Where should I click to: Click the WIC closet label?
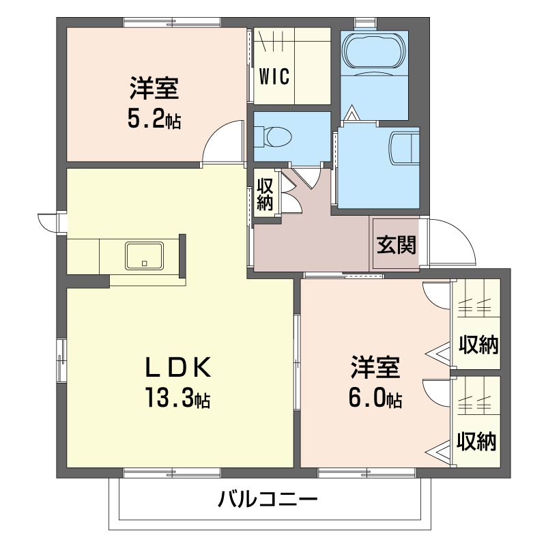click(x=274, y=76)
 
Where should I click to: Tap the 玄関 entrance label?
click(x=397, y=245)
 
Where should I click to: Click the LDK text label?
click(x=178, y=367)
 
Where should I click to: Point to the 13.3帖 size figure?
click(x=178, y=398)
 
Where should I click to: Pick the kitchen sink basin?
click(x=145, y=256)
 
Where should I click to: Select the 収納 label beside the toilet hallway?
click(x=265, y=195)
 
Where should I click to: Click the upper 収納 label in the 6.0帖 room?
click(x=478, y=345)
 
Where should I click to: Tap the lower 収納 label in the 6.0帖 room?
click(x=476, y=441)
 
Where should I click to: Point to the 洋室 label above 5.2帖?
click(x=155, y=88)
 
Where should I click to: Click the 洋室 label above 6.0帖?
click(x=375, y=367)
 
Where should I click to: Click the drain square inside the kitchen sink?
click(x=145, y=263)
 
